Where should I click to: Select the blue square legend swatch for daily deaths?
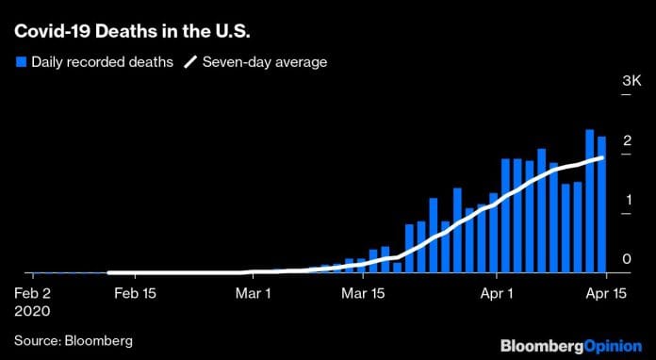(20, 62)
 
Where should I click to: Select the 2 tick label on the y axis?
(627, 141)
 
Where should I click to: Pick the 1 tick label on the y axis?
(627, 200)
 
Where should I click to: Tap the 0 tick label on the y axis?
(627, 258)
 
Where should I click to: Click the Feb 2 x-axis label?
(34, 292)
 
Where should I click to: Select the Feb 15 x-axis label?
(135, 292)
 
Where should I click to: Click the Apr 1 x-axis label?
(496, 292)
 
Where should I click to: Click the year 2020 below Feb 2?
(30, 309)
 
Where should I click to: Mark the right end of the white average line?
(601, 157)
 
